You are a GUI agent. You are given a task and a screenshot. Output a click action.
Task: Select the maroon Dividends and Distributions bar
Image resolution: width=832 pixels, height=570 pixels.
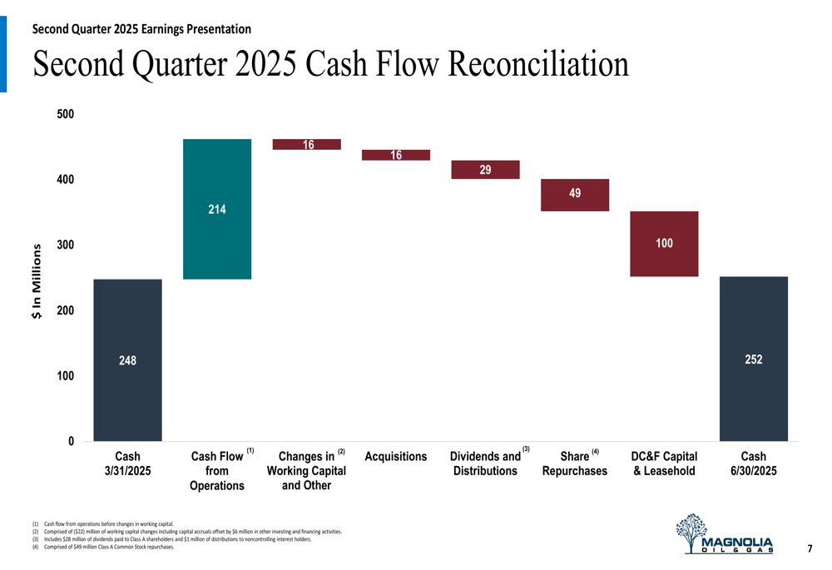[485, 170]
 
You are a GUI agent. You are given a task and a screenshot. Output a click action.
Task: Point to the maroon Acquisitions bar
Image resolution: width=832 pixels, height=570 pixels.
[396, 155]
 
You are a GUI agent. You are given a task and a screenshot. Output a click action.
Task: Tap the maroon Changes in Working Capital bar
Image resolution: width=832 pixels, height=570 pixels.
[306, 145]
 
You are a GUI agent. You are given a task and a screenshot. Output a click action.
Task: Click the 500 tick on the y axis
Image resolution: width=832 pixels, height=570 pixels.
[65, 114]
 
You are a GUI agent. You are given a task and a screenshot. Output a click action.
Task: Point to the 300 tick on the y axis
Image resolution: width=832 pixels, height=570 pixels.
[65, 245]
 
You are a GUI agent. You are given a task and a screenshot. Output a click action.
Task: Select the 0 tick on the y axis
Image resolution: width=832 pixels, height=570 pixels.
[71, 441]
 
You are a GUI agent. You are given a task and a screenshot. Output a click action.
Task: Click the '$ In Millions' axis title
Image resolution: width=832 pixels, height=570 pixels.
[37, 280]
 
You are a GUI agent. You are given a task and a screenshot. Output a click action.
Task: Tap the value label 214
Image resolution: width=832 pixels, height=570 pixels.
[216, 210]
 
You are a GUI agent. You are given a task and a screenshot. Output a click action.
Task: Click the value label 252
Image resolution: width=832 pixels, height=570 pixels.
[753, 359]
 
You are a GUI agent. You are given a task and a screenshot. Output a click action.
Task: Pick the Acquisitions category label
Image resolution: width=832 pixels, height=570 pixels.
[396, 457]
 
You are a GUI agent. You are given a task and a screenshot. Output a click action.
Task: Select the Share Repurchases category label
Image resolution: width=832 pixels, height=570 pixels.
[575, 463]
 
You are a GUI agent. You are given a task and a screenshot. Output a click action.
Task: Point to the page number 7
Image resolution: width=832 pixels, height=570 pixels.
[810, 548]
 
